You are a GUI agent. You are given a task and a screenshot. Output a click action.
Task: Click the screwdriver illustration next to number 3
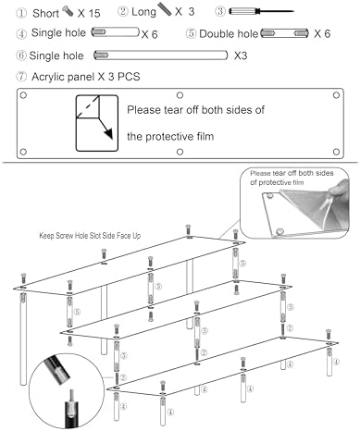pos(261,11)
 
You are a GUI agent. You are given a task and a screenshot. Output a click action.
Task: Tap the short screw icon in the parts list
pos(68,11)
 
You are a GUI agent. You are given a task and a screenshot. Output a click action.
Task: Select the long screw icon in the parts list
pos(165,9)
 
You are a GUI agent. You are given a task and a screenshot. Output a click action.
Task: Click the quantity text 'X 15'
pos(89,13)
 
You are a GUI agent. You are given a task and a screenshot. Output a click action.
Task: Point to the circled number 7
pos(21,77)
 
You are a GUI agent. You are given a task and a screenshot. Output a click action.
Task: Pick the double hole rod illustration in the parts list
pos(284,33)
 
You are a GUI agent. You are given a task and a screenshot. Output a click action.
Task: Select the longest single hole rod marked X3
pos(160,55)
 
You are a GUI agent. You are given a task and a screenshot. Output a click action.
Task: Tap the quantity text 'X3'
pos(241,55)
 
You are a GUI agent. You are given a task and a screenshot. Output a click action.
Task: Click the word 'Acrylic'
pos(49,77)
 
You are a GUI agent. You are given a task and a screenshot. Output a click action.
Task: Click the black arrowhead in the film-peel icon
pos(108,134)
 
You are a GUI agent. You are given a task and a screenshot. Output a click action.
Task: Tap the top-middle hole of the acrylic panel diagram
pos(180,95)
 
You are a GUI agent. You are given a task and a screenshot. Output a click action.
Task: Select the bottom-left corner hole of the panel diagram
pos(23,152)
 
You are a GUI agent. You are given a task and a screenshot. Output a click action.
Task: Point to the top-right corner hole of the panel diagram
pos(336,95)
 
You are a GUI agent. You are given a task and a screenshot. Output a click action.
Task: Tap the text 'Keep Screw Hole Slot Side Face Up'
pos(90,236)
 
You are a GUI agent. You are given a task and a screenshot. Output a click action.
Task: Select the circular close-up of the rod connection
pos(67,391)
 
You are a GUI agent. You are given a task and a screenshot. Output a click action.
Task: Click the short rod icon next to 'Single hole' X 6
pos(116,32)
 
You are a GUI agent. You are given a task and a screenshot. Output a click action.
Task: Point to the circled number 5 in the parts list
pos(191,33)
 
